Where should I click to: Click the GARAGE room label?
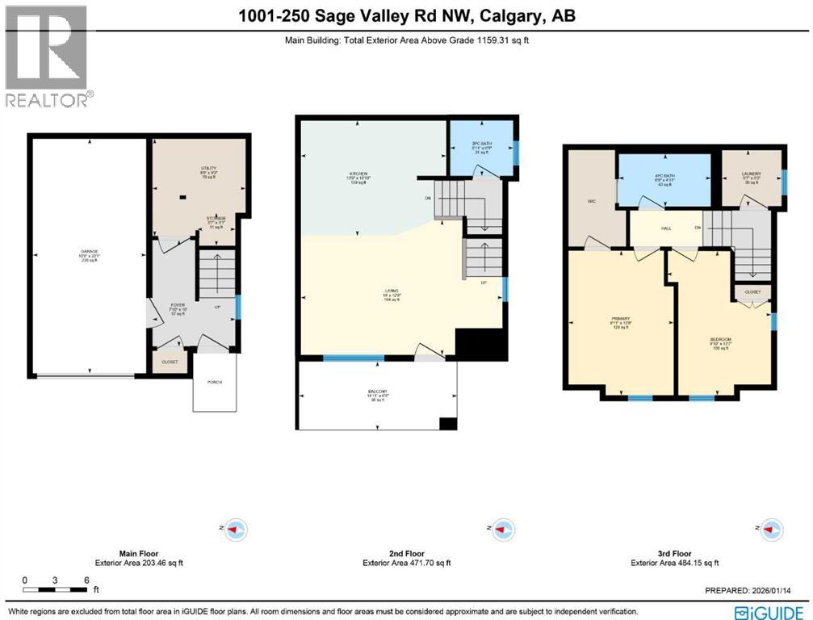[89, 252]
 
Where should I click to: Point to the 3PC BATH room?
[481, 146]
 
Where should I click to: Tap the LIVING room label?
[392, 291]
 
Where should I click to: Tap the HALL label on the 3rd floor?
[666, 228]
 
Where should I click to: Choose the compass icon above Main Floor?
[235, 530]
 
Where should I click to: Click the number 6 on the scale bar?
[86, 580]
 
